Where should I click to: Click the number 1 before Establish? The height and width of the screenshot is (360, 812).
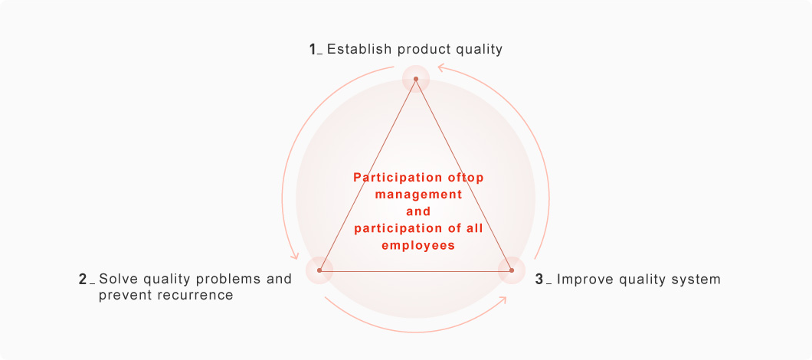(x=313, y=49)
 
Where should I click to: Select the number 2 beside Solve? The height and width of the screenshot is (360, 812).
(x=82, y=280)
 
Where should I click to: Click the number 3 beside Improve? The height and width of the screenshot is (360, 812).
(x=539, y=280)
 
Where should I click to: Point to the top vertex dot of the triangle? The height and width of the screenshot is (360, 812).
(x=416, y=79)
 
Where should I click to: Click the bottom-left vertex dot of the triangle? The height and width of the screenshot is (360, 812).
(x=319, y=270)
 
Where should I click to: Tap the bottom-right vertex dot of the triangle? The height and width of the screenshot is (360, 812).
(x=512, y=270)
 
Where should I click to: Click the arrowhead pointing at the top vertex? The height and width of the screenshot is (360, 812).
(x=441, y=67)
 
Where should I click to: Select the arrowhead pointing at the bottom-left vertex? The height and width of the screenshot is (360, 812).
(x=295, y=254)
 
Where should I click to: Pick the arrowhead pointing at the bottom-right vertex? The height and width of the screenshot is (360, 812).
(x=502, y=301)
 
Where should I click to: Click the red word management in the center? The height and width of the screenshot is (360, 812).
(x=418, y=195)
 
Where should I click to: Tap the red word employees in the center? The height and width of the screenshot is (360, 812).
(x=418, y=245)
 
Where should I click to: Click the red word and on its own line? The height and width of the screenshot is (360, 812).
(x=418, y=211)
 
